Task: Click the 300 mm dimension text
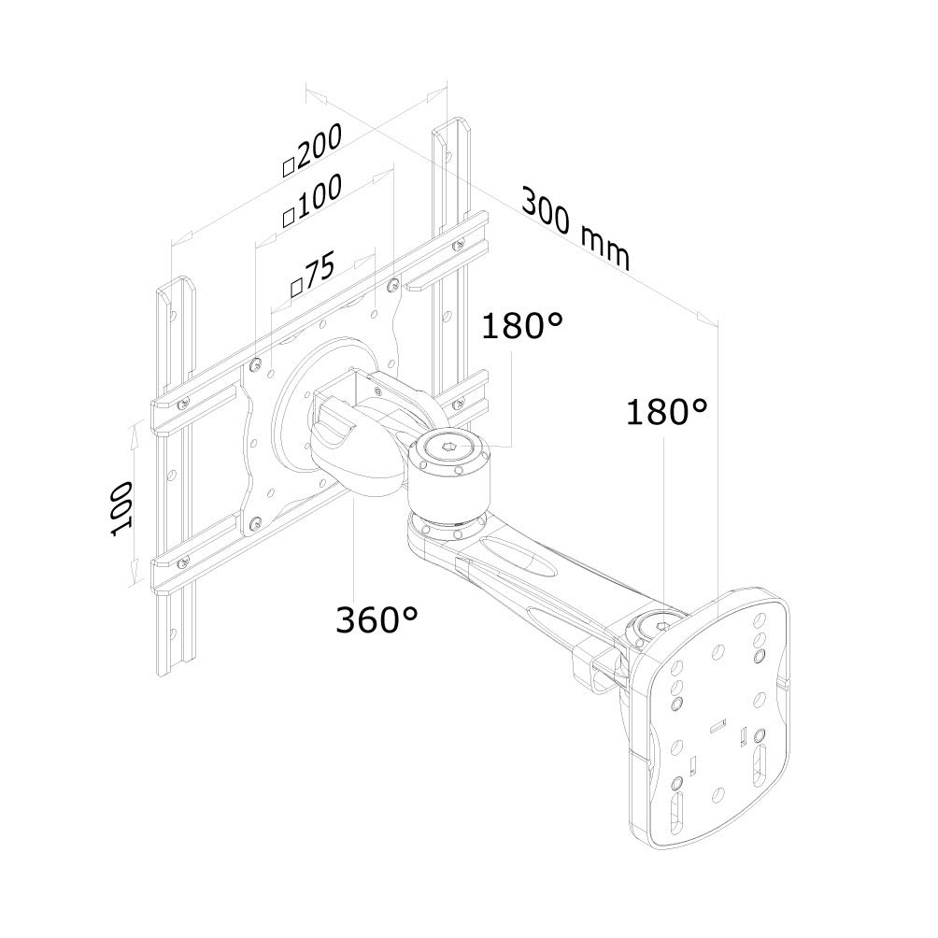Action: point(576,229)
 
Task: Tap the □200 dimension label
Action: point(312,150)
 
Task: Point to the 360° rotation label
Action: point(377,619)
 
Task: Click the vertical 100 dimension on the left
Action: point(122,508)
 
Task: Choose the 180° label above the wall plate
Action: point(666,412)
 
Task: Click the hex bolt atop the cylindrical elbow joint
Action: point(449,446)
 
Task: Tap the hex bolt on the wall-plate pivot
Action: point(660,627)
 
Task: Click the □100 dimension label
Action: point(312,201)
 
